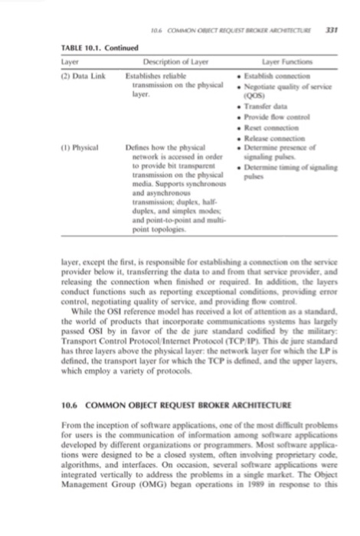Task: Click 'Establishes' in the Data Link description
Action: (x=145, y=74)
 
